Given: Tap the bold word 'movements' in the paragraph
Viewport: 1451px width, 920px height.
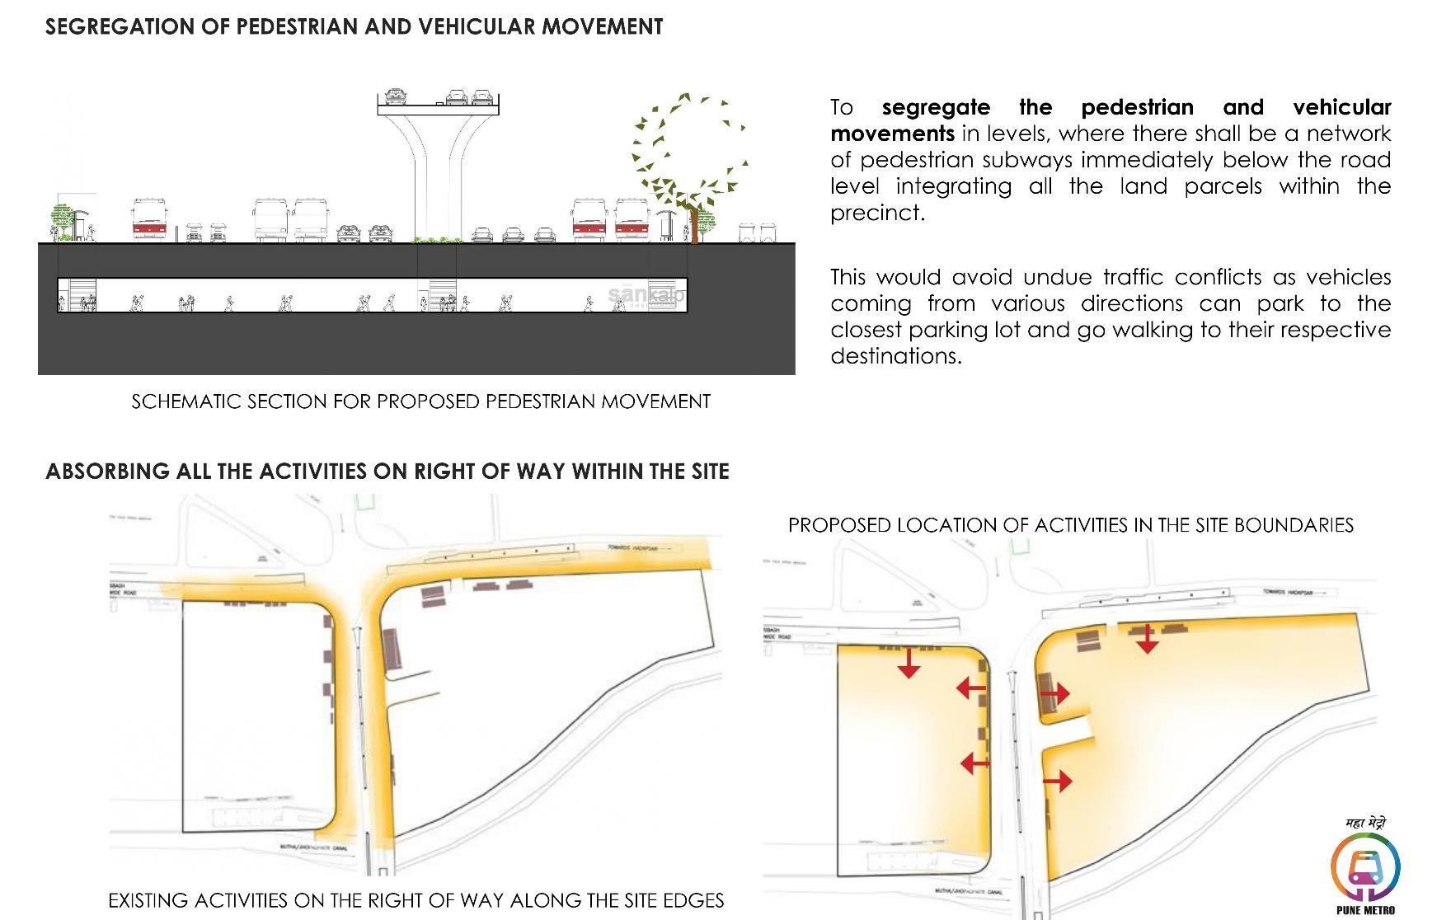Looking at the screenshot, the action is pyautogui.click(x=892, y=134).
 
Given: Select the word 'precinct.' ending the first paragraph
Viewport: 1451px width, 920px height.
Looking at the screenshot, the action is pyautogui.click(x=877, y=213).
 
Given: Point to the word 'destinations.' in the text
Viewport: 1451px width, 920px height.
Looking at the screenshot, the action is pyautogui.click(x=896, y=356).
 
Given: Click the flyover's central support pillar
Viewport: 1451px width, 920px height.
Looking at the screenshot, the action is pyautogui.click(x=436, y=181).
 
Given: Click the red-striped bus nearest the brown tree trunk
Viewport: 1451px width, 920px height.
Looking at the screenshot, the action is pyautogui.click(x=632, y=220).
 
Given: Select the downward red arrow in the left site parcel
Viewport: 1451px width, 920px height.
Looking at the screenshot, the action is pyautogui.click(x=909, y=663).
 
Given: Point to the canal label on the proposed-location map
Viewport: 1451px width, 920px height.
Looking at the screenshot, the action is pyautogui.click(x=969, y=892).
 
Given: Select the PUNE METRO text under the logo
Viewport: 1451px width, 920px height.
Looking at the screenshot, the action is pyautogui.click(x=1365, y=910).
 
